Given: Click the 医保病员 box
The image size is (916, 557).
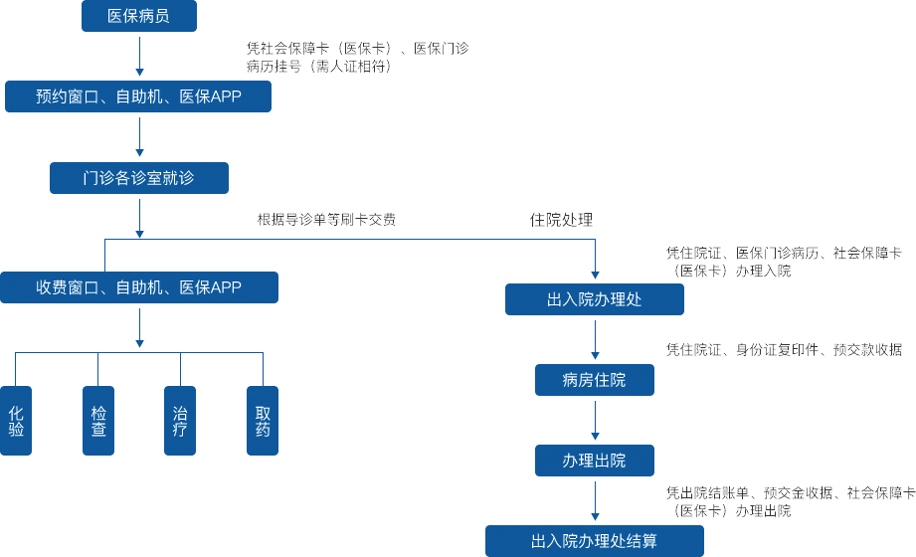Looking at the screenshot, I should click(138, 16).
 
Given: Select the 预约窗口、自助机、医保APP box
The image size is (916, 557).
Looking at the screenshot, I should click(138, 96).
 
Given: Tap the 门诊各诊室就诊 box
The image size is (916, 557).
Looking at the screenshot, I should click(138, 178).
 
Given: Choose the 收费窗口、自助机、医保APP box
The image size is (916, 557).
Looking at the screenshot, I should click(138, 287).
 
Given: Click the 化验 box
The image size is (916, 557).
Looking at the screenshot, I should click(16, 421).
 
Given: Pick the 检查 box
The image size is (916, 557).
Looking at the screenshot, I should click(98, 421).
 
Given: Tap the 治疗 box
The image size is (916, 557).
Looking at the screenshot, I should click(180, 421).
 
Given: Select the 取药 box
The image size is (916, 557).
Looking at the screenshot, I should click(263, 421).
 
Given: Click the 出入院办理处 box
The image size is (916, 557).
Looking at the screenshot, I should click(594, 299).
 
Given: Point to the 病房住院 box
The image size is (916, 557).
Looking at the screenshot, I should click(594, 380).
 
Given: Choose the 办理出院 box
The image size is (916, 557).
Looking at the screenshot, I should click(594, 461).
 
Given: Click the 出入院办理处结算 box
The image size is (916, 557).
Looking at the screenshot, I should click(594, 541).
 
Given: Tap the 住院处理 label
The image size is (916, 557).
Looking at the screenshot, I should click(561, 219).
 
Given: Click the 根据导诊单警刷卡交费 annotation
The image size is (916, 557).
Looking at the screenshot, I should click(326, 219).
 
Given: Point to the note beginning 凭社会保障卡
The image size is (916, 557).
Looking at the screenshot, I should click(357, 56).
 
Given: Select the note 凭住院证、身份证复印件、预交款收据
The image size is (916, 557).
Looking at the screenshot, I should click(784, 349).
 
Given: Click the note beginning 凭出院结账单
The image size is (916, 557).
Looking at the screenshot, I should click(790, 501).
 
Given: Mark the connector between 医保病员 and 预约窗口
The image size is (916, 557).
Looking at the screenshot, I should click(139, 56).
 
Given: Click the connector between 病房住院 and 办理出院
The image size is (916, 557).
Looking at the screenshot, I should click(595, 421).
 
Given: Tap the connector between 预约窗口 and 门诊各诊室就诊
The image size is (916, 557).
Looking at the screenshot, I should click(139, 137).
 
